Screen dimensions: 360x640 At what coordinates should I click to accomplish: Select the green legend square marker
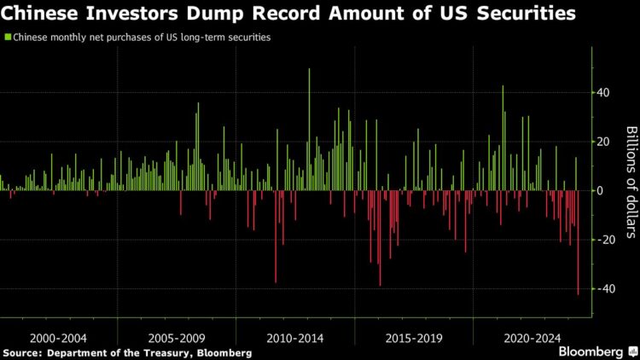point(8,38)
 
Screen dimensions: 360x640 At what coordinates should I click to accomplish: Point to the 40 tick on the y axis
point(603,92)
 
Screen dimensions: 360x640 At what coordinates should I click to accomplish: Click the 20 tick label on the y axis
point(603,142)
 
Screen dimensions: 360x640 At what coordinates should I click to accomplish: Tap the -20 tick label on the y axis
point(605,240)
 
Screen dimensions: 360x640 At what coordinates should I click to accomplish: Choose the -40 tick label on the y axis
point(605,289)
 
